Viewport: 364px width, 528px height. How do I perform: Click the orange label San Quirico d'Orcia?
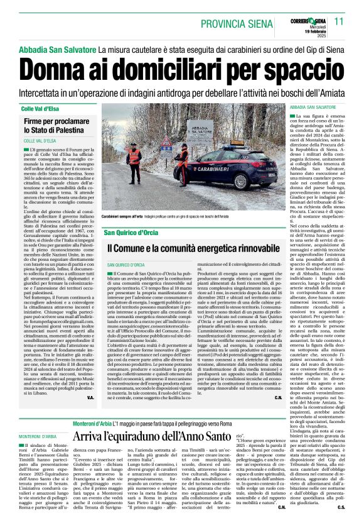(132, 233)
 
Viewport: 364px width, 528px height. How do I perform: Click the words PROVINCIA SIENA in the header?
(239, 21)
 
